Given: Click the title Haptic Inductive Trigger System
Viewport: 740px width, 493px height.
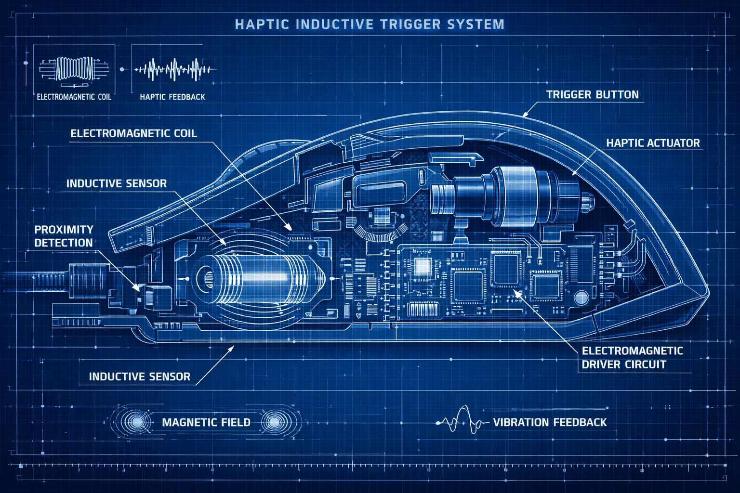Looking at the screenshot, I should pyautogui.click(x=370, y=24).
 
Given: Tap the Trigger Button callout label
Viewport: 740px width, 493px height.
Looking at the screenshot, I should pyautogui.click(x=592, y=95).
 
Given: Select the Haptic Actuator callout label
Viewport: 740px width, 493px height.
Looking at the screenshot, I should pyautogui.click(x=652, y=143).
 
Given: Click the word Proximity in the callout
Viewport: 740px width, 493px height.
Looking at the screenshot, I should pyautogui.click(x=64, y=230).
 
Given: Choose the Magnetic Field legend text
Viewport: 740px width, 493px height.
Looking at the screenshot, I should pyautogui.click(x=206, y=423).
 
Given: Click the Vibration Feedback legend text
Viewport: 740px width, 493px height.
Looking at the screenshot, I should pyautogui.click(x=550, y=423).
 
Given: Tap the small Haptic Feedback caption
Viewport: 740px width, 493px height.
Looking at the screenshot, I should pyautogui.click(x=172, y=97).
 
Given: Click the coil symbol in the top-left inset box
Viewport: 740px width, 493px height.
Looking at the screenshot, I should pyautogui.click(x=74, y=69).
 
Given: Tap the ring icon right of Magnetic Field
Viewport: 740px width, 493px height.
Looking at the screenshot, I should pyautogui.click(x=275, y=422).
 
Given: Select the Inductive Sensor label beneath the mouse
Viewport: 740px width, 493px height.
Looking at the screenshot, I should pyautogui.click(x=139, y=376).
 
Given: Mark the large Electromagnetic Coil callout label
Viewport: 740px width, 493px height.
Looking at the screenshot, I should pyautogui.click(x=133, y=133).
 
